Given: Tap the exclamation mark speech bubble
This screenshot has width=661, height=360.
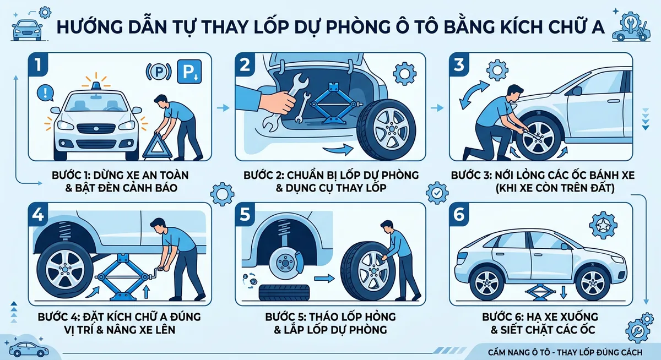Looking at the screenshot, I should (41, 92).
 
